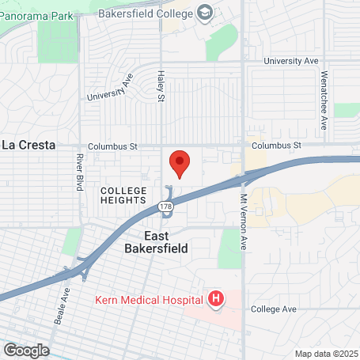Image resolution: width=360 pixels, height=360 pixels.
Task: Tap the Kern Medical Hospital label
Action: (x=150, y=299)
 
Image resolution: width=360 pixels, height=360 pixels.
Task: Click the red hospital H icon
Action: (x=215, y=299)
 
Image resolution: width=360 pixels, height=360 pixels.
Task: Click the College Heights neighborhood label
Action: (x=123, y=196)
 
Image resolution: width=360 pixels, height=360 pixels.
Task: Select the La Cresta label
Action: (x=28, y=145)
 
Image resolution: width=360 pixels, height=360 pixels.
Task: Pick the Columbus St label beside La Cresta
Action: (x=112, y=146)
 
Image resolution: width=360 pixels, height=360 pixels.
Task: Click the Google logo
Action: (x=26, y=350)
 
